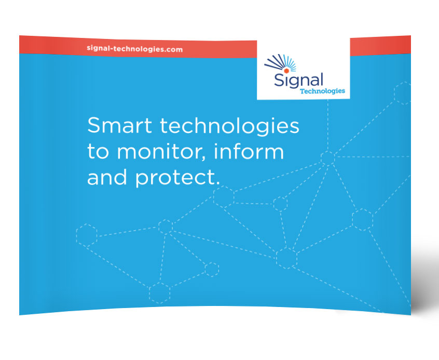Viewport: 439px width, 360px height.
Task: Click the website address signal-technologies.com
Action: (x=135, y=49)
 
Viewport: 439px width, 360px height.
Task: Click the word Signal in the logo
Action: (x=298, y=80)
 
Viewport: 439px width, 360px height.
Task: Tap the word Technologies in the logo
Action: (x=322, y=91)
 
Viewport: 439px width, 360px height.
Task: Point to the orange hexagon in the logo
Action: (x=286, y=71)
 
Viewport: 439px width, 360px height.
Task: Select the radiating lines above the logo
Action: (x=280, y=62)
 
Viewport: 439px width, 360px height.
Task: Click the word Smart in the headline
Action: (x=120, y=125)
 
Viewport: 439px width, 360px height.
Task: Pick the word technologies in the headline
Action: (x=229, y=126)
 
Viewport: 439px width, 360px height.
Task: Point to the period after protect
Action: (x=218, y=183)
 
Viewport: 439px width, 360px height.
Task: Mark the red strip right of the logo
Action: (x=380, y=46)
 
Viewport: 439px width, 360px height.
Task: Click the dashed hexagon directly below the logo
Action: (x=327, y=158)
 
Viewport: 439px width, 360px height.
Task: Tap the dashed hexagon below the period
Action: (x=224, y=197)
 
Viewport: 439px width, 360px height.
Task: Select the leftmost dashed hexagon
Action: (x=87, y=235)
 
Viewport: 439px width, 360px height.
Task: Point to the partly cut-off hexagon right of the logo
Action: (x=403, y=93)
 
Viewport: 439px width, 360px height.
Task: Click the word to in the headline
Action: (x=98, y=152)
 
